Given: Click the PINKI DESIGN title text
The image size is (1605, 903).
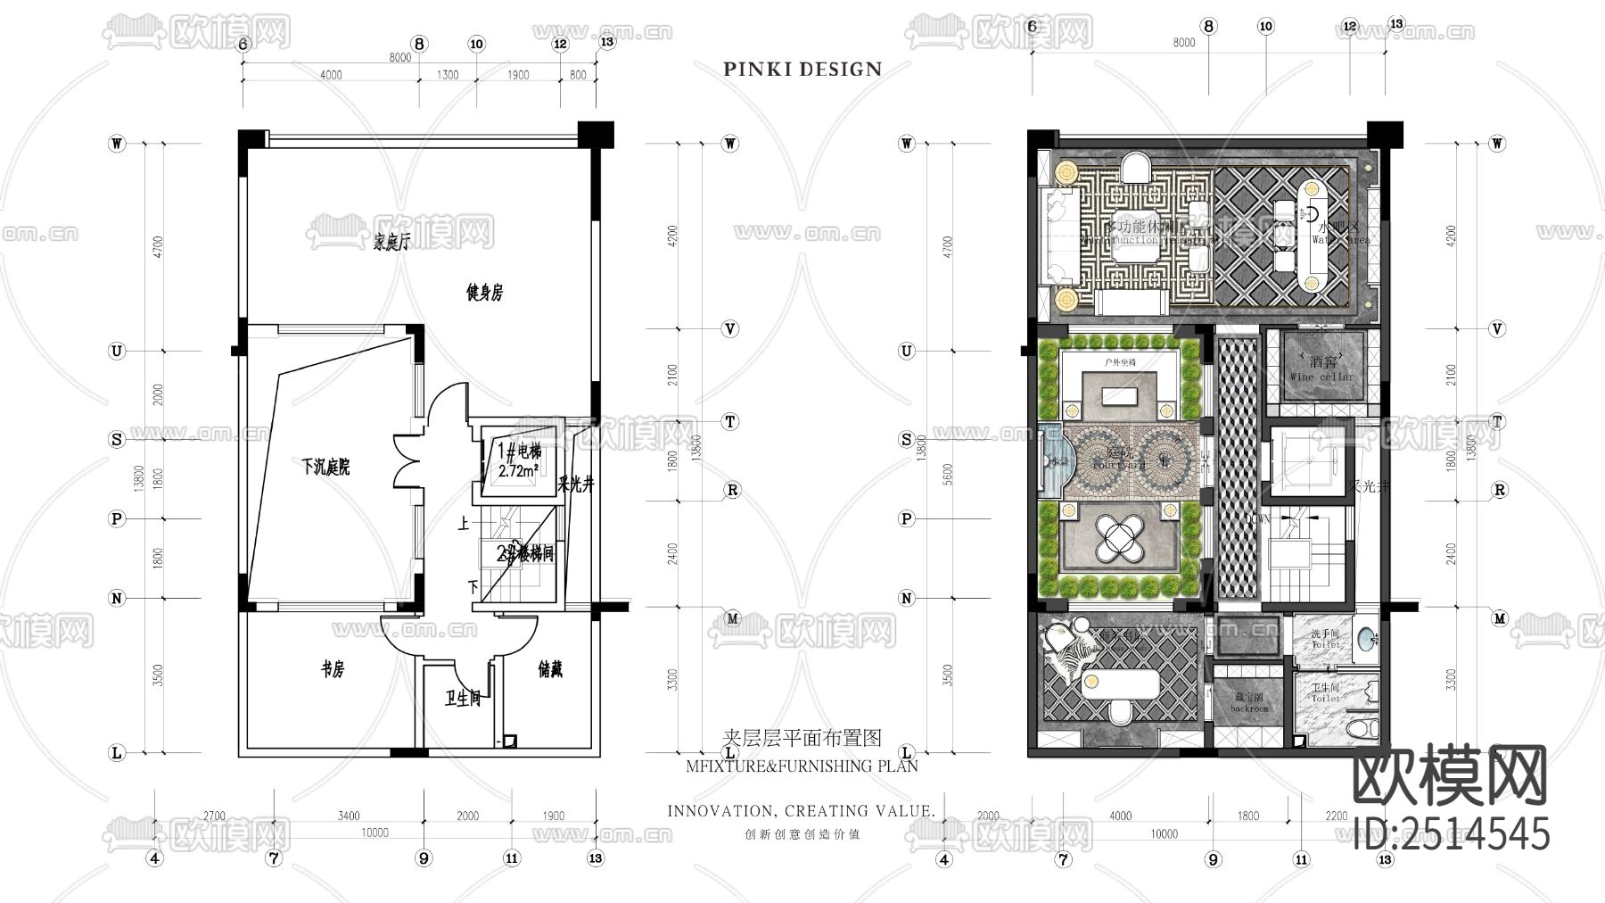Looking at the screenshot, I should (802, 69).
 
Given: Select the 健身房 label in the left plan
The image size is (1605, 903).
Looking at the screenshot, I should (485, 292).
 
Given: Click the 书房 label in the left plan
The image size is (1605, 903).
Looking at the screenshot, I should (332, 669).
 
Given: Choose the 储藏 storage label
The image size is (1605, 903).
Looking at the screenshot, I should (550, 669).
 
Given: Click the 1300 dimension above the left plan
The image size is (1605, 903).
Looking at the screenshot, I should (448, 75).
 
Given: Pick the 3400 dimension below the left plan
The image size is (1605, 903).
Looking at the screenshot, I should (349, 816).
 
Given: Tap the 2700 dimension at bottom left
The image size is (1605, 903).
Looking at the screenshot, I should (214, 816).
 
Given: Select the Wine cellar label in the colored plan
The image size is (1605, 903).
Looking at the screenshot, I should (1321, 377).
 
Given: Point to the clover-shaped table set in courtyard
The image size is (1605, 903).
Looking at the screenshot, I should (1119, 538).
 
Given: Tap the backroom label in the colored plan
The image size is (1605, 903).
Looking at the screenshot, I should (1249, 708).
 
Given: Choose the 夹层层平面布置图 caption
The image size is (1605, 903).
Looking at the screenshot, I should (801, 737).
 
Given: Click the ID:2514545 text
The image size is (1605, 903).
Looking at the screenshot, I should (1451, 833).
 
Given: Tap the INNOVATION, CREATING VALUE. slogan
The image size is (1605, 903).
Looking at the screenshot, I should (801, 811).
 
